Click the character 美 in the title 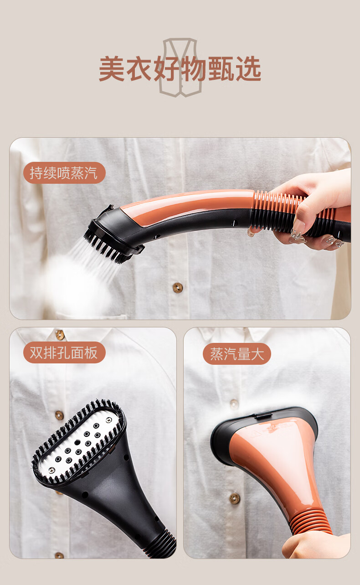pos(112,68)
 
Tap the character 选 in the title pos(248,68)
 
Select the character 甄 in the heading pos(221,68)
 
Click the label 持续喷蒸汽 pos(64,173)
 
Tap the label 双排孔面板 pos(64,352)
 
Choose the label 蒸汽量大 pos(237,354)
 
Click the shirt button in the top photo pos(178,288)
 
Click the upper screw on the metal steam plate pos(108,420)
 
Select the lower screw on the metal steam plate pos(52,470)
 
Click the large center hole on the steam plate pos(77,443)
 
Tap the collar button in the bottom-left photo pos(60,334)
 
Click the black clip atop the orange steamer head pos(263,415)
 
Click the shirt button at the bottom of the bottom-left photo pos(59,555)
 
